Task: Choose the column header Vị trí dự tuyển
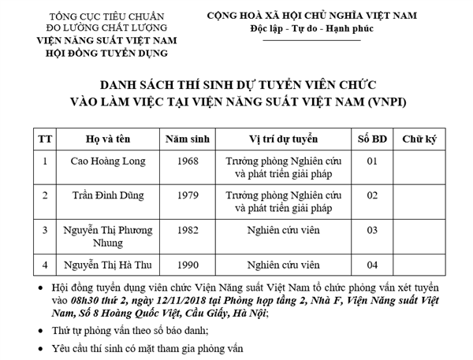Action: (283, 138)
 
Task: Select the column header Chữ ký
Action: (419, 138)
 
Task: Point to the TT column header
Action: (46, 138)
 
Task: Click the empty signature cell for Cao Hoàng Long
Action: (419, 166)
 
